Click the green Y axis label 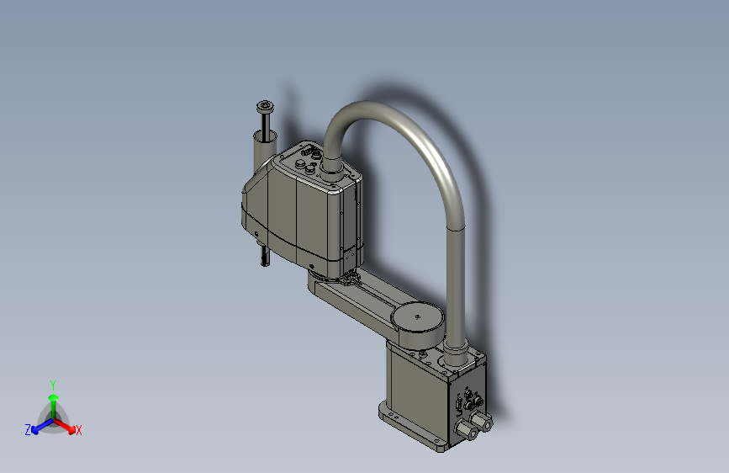[52, 383]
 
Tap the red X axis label [79, 430]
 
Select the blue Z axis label [28, 429]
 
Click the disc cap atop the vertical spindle [265, 105]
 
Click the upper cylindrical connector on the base [479, 419]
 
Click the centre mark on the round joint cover [418, 316]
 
